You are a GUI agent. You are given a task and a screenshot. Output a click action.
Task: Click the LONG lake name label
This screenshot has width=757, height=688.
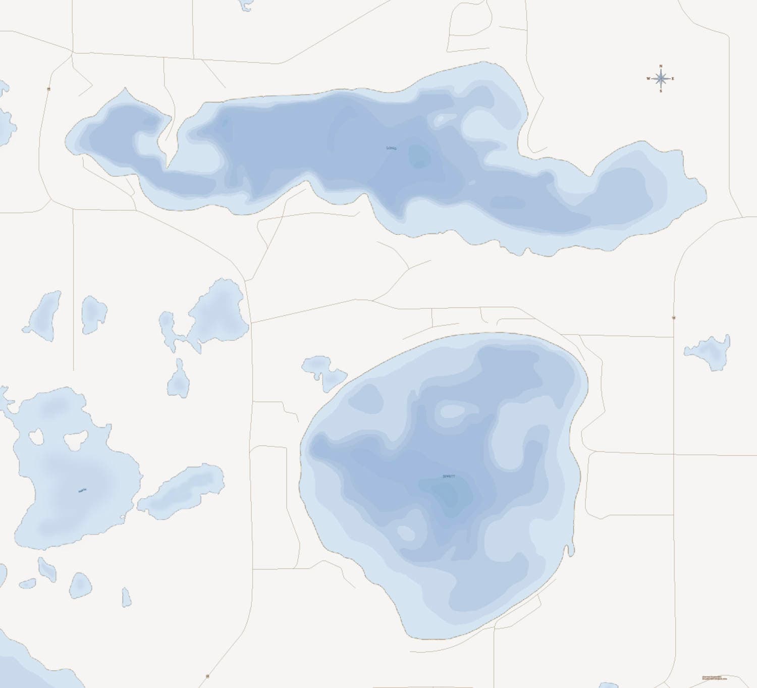click(x=391, y=148)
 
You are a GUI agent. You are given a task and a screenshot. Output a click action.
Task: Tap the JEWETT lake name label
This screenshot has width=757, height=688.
click(x=449, y=477)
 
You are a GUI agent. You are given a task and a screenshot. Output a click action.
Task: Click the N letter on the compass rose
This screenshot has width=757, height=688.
click(x=661, y=66)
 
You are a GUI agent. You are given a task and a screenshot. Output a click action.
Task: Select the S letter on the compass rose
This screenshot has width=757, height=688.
click(x=661, y=91)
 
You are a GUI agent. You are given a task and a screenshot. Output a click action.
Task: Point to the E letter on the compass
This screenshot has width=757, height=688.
click(x=673, y=79)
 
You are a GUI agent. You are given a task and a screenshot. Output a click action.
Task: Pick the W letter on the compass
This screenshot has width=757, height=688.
click(x=648, y=79)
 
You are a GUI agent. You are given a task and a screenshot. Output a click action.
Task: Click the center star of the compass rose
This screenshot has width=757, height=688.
click(x=661, y=79)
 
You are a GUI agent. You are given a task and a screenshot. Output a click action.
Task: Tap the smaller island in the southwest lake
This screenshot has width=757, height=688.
click(x=36, y=437)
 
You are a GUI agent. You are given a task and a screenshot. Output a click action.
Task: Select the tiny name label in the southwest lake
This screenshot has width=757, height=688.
click(x=82, y=490)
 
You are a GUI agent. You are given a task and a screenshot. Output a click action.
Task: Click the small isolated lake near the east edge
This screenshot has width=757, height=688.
click(x=710, y=351)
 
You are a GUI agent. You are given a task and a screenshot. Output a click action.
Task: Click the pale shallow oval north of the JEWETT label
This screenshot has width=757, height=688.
click(x=453, y=411)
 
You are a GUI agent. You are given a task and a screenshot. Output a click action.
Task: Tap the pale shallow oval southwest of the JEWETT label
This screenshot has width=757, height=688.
click(x=405, y=532)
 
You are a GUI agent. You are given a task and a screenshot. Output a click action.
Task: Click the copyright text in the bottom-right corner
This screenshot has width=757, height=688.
click(x=712, y=678)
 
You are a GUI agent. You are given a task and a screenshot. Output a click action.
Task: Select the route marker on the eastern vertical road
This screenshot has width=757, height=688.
click(x=674, y=317)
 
